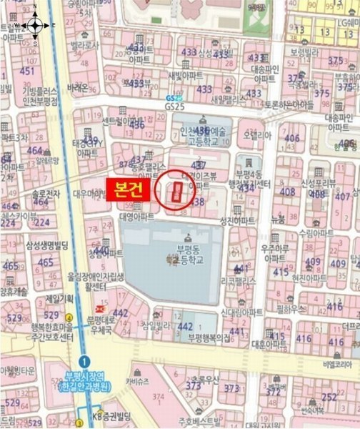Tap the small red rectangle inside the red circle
pos(176,191)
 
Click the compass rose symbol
pos(34,25)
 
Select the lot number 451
pos(26,71)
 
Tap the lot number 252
pos(329,398)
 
